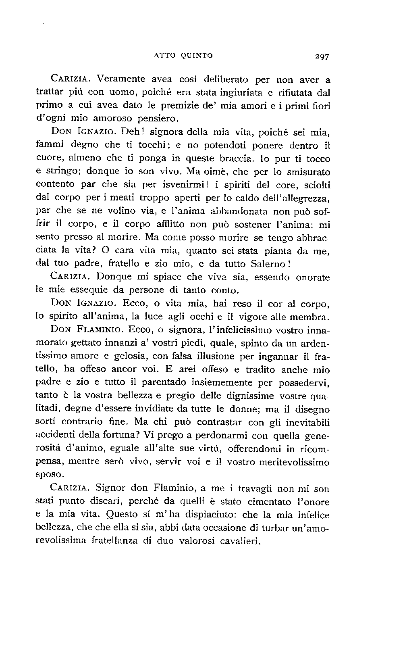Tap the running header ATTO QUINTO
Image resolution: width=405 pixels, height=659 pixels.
(183, 56)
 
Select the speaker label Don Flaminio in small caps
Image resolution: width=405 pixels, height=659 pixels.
(87, 329)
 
